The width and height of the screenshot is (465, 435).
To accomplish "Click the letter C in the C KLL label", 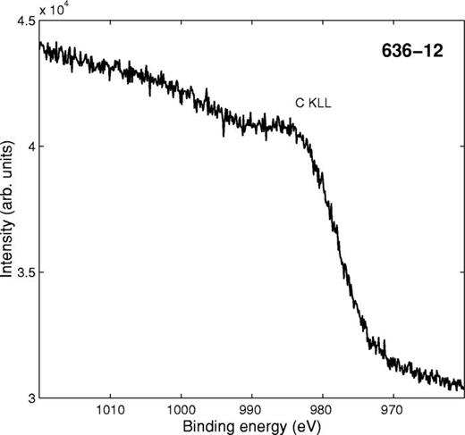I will [301, 105].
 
